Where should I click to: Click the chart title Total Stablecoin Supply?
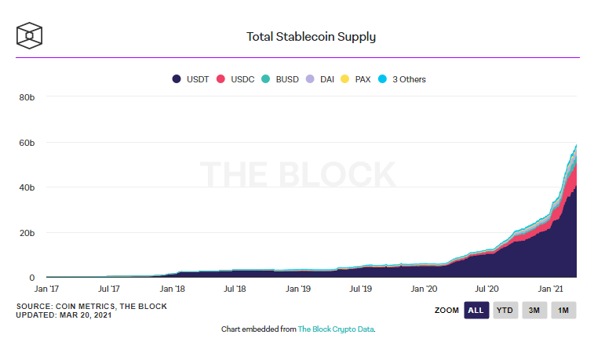coord(311,36)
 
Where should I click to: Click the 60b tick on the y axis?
coord(27,143)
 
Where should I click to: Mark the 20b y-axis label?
coord(27,233)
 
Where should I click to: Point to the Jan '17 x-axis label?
coord(47,289)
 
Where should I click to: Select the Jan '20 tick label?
coord(424,289)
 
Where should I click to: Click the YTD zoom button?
coord(506,311)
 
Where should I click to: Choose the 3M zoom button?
coord(535,311)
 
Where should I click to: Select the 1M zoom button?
coord(563,311)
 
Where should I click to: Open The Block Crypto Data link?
coord(336,329)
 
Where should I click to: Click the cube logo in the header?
coord(29,35)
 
